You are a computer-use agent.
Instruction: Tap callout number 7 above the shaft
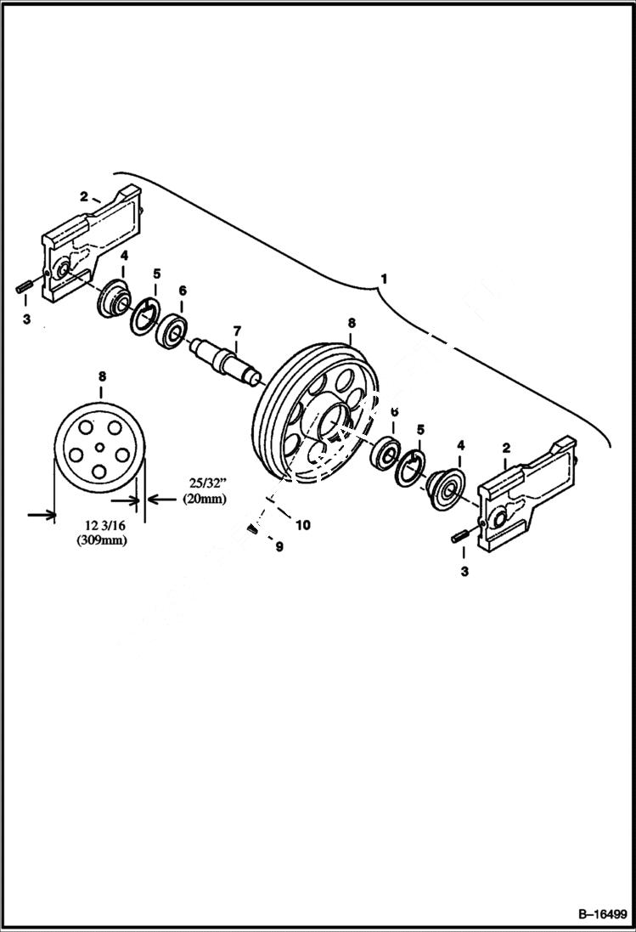[x=237, y=329]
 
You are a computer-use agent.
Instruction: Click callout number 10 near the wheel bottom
[x=301, y=525]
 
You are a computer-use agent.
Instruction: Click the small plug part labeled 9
[x=252, y=530]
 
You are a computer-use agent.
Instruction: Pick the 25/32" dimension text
[x=201, y=483]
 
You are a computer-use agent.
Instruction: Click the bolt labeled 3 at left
[x=22, y=285]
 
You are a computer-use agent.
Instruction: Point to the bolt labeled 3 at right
[x=461, y=536]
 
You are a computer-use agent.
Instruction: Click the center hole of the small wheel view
[x=99, y=447]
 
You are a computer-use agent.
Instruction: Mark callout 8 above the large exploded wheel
[x=352, y=323]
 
